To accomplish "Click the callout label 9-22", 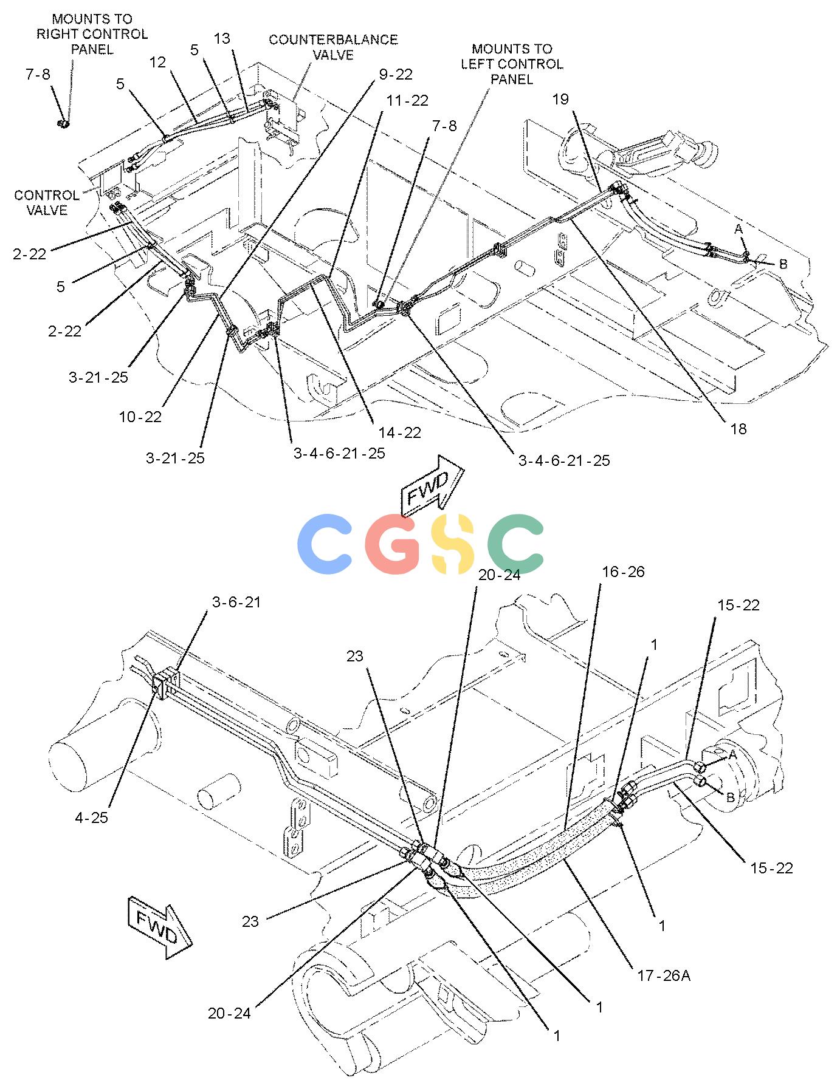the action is click(x=396, y=75).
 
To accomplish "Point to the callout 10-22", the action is click(x=140, y=417).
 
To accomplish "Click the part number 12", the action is click(x=157, y=63).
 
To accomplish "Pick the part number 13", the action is click(x=222, y=39).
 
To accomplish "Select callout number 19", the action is click(x=560, y=99).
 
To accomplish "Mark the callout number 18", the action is click(x=738, y=429).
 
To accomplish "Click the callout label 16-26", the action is click(x=623, y=572).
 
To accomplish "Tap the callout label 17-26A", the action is click(x=664, y=976).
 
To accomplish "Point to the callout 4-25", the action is click(x=91, y=818).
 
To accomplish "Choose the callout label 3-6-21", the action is click(x=236, y=602).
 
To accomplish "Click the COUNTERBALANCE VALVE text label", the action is click(x=333, y=47).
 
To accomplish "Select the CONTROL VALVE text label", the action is click(x=47, y=203).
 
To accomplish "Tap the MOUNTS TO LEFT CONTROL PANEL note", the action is click(x=512, y=64).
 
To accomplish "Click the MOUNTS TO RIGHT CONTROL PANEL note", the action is click(x=92, y=34).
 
